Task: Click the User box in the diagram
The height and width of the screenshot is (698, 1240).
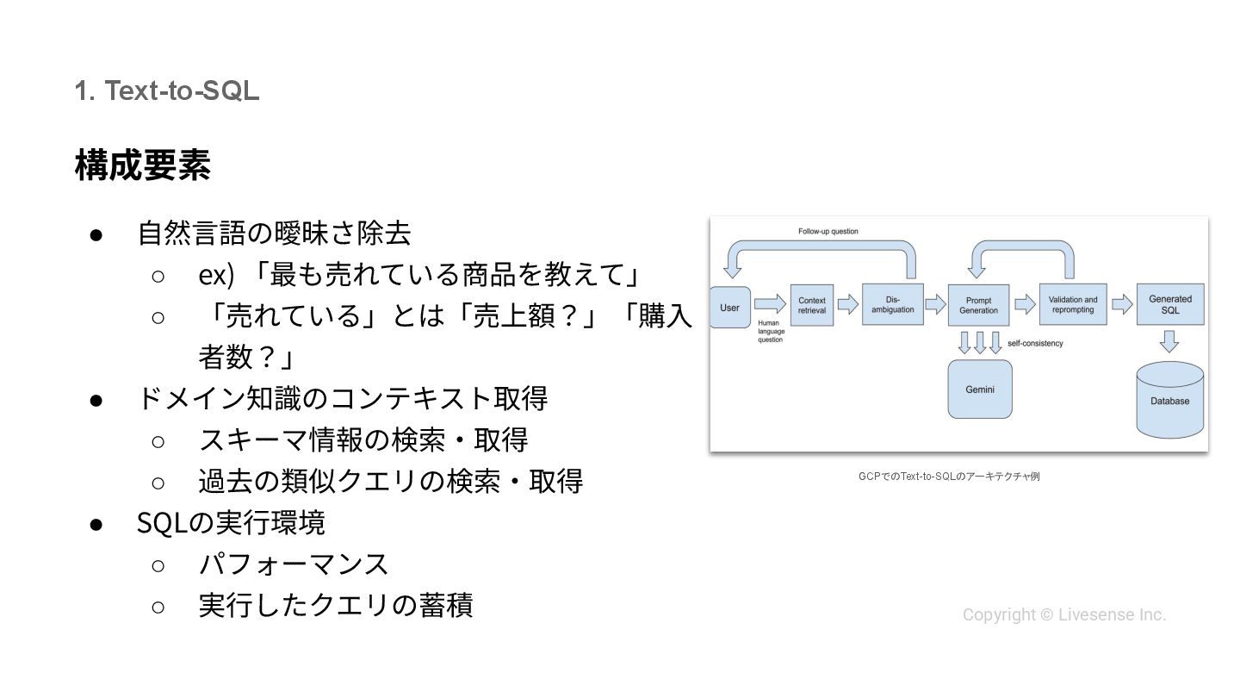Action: (x=729, y=308)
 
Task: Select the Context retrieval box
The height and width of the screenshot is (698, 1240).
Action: (x=811, y=305)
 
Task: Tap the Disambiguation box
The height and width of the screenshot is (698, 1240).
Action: (x=892, y=304)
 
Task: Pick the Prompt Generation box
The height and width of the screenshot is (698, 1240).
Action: (x=978, y=305)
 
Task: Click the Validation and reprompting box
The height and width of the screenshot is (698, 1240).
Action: (x=1072, y=304)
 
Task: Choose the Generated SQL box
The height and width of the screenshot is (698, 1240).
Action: (x=1169, y=304)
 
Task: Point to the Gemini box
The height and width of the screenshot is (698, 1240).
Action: (x=979, y=390)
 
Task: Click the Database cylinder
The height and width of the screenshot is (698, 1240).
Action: (x=1169, y=400)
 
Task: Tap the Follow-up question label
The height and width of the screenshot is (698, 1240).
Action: (x=828, y=232)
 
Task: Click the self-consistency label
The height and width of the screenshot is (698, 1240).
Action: (x=1035, y=344)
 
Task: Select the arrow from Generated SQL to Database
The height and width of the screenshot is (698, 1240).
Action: (x=1169, y=342)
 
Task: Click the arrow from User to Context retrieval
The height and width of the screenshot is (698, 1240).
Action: (x=770, y=303)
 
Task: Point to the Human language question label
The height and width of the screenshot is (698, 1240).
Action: (x=770, y=331)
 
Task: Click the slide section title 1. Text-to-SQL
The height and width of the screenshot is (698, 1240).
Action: (x=166, y=90)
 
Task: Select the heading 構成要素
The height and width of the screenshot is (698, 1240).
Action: (x=142, y=165)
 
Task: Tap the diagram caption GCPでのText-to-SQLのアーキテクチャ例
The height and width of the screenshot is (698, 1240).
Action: (x=948, y=477)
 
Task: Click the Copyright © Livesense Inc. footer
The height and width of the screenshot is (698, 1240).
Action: (x=1063, y=614)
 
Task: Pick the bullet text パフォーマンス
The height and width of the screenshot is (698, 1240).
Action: (x=294, y=564)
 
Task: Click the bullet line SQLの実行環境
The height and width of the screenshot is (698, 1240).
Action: (x=231, y=523)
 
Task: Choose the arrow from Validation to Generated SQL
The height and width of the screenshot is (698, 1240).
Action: (x=1121, y=304)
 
